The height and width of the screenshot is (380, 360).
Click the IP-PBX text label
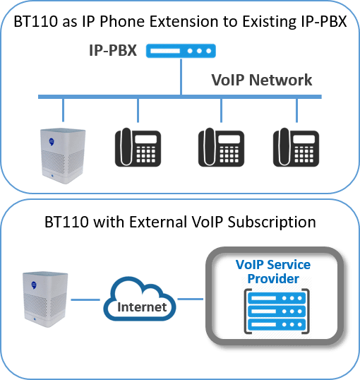[x=113, y=50]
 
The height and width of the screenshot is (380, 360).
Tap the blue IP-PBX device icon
[x=181, y=51]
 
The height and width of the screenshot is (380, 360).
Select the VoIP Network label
[x=262, y=80]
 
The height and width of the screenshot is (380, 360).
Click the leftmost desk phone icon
[x=138, y=148]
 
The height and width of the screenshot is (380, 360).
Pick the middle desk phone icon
[x=221, y=148]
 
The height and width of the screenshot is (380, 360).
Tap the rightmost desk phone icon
[x=296, y=148]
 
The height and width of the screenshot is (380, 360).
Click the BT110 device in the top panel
[x=63, y=156]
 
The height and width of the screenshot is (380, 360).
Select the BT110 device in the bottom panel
[x=45, y=299]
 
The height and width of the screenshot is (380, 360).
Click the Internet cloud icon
[x=140, y=299]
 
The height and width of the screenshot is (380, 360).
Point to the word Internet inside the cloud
[x=142, y=307]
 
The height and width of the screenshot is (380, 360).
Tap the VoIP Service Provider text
[x=273, y=271]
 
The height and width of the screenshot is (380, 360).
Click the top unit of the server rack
[x=277, y=298]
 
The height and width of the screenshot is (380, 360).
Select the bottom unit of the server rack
[x=277, y=324]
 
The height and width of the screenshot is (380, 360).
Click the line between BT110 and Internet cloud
[x=85, y=299]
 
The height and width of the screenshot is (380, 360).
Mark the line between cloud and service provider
[x=191, y=299]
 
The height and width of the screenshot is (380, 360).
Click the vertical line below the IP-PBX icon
[x=181, y=76]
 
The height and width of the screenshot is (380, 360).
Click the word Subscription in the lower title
[x=272, y=222]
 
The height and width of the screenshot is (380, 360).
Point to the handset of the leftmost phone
[x=126, y=147]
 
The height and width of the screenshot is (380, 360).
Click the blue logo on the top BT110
[x=52, y=141]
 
